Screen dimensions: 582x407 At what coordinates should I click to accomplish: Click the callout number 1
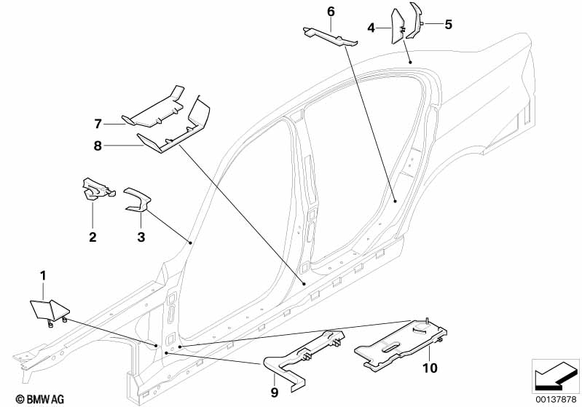pyautogui.click(x=43, y=276)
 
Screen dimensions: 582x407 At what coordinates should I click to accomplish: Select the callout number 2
pyautogui.click(x=93, y=237)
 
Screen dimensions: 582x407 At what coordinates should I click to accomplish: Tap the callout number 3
pyautogui.click(x=141, y=237)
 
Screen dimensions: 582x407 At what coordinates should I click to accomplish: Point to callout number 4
pyautogui.click(x=371, y=28)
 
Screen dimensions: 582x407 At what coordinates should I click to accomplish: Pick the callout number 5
pyautogui.click(x=449, y=25)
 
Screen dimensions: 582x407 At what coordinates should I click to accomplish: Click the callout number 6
pyautogui.click(x=331, y=12)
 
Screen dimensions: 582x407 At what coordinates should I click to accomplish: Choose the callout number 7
pyautogui.click(x=98, y=124)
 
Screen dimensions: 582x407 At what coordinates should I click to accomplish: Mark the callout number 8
pyautogui.click(x=98, y=146)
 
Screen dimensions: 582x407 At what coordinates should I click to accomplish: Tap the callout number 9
pyautogui.click(x=275, y=392)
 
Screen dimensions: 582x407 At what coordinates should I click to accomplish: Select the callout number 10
pyautogui.click(x=430, y=368)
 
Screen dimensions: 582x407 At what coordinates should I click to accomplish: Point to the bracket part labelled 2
pyautogui.click(x=98, y=189)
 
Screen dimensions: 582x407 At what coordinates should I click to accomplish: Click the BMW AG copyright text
pyautogui.click(x=40, y=399)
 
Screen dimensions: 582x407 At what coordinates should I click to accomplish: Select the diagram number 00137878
pyautogui.click(x=556, y=399)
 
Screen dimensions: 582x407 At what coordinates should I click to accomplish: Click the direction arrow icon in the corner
pyautogui.click(x=555, y=376)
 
